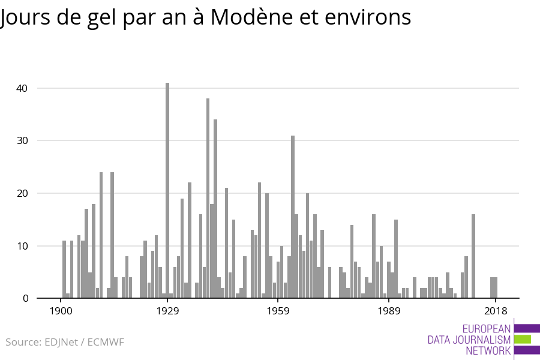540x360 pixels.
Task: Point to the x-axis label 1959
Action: click(278, 311)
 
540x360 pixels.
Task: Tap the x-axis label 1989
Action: click(389, 311)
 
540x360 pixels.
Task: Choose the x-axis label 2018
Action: click(496, 311)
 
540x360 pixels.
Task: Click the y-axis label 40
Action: click(22, 88)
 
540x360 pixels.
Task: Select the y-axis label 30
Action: click(22, 140)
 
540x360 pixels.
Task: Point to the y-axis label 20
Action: click(22, 193)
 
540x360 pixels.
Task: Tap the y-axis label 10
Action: click(22, 246)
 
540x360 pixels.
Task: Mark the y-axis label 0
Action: click(25, 298)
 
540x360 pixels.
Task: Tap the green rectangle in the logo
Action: click(523, 339)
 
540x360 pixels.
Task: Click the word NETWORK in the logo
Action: click(488, 351)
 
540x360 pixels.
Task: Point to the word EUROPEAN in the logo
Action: click(487, 329)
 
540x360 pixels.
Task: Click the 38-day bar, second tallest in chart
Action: click(208, 198)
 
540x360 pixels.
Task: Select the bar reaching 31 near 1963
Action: click(293, 217)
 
